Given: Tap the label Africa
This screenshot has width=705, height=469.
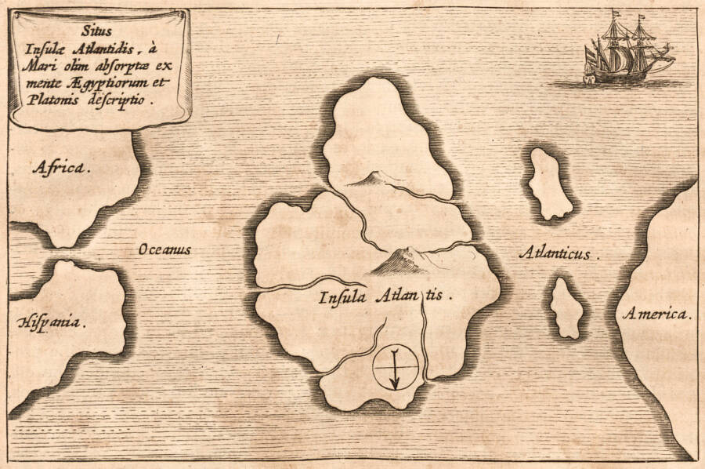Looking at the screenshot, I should click(61, 167).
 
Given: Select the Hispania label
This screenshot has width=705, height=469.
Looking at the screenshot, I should click(52, 322).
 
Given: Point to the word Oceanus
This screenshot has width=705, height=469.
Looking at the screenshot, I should click(164, 249).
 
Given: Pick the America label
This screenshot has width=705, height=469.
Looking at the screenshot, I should click(656, 314).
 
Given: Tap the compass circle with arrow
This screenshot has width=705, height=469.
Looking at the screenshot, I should click(395, 366).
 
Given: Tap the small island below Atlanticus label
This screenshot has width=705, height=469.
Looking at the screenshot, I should click(566, 307).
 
